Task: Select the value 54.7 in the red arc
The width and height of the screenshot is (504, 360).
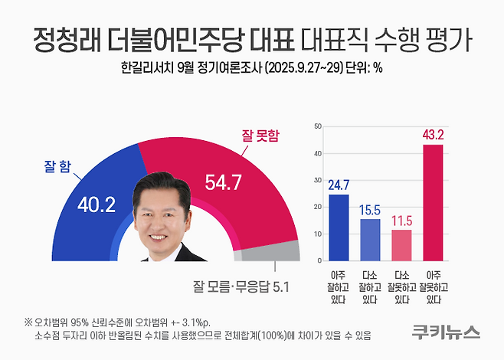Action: click(x=224, y=182)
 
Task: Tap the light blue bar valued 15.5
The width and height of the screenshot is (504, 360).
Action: click(x=370, y=239)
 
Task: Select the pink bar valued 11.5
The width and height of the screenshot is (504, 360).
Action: click(x=401, y=244)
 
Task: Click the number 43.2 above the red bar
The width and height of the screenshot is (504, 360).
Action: click(x=433, y=135)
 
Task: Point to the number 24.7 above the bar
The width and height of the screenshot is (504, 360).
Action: click(x=339, y=185)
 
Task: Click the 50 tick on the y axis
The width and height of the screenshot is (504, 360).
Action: click(x=318, y=126)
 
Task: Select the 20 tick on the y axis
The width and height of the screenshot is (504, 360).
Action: click(x=318, y=207)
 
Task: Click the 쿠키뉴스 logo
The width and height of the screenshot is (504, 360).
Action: click(x=442, y=332)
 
